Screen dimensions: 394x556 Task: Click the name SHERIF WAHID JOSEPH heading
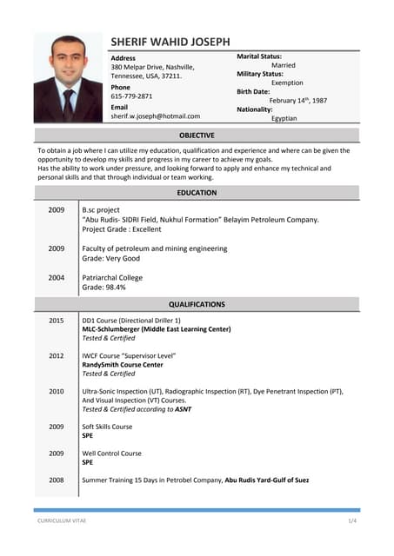[170, 42]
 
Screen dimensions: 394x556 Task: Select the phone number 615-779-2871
[131, 96]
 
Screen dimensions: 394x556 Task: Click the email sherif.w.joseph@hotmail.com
[155, 116]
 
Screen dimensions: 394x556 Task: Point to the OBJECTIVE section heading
[197, 136]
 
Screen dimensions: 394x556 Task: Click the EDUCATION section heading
[197, 193]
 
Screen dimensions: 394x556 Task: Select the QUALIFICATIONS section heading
[197, 305]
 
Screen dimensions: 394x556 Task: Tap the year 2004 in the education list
[56, 278]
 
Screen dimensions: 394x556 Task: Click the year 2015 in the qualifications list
[56, 321]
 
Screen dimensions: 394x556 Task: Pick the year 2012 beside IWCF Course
[56, 356]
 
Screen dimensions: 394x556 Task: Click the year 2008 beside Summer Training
[56, 480]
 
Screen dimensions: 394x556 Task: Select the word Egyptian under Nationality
[284, 118]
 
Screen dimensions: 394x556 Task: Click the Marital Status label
[259, 56]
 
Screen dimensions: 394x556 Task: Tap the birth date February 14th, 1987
[297, 101]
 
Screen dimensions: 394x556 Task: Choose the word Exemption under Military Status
[288, 83]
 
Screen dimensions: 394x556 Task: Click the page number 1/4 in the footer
[352, 520]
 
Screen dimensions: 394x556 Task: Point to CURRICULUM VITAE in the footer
[62, 520]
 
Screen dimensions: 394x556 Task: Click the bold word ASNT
[183, 409]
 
